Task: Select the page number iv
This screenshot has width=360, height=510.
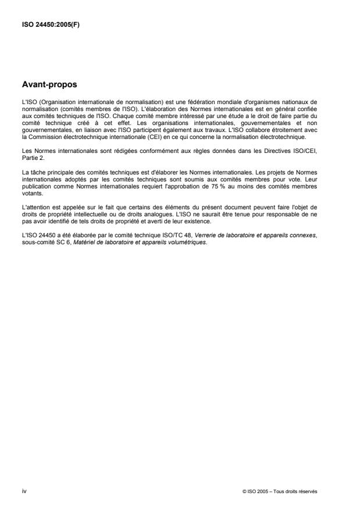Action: click(x=23, y=490)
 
